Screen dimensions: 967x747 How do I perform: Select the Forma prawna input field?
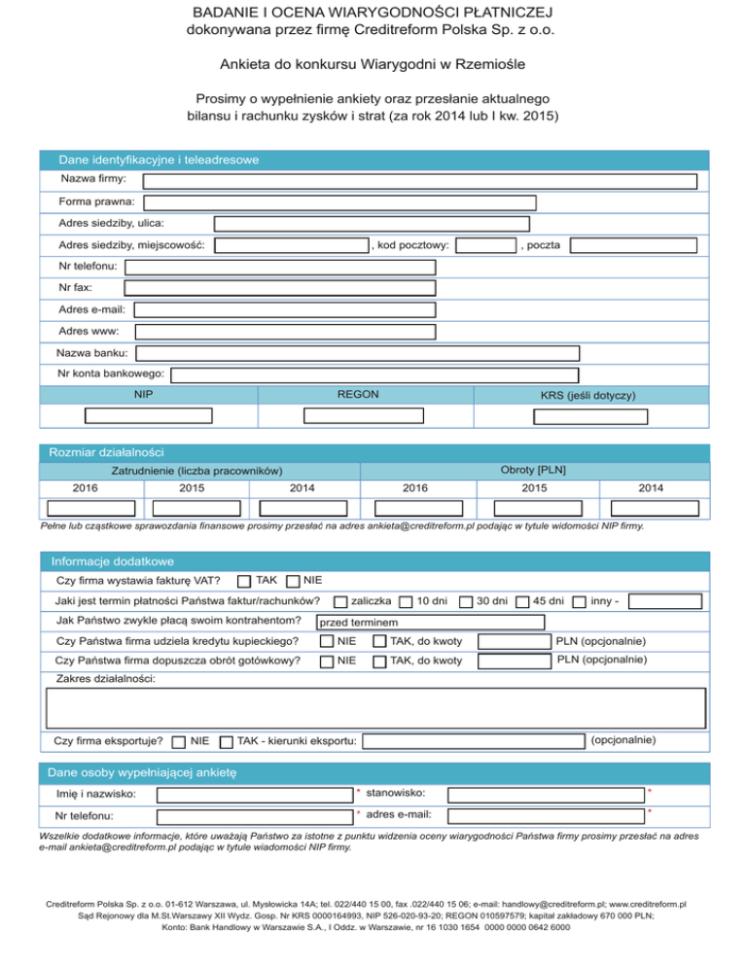339,202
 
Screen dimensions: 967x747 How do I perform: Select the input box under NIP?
148,416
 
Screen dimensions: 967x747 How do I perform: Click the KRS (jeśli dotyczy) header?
587,396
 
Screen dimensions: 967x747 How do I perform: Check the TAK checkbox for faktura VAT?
245,582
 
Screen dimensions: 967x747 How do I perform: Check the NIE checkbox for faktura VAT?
293,582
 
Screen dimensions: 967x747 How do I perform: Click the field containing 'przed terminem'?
430,622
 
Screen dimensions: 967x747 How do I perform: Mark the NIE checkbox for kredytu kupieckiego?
328,641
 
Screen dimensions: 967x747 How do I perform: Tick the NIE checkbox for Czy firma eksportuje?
179,742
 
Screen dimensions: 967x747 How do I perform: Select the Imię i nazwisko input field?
254,795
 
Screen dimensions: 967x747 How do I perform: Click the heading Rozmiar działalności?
106,452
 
